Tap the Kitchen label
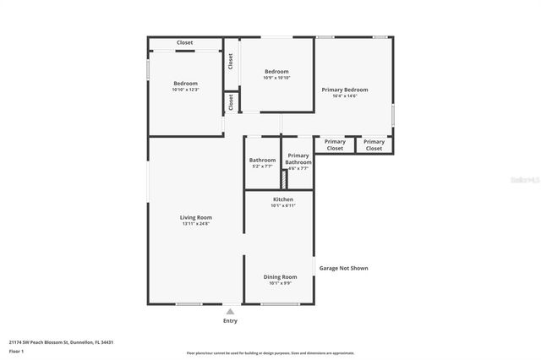click(x=282, y=199)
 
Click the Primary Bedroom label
click(x=344, y=89)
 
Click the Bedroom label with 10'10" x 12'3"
click(x=185, y=84)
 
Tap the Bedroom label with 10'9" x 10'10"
click(x=276, y=72)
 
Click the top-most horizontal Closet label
click(x=184, y=42)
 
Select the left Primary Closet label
click(x=335, y=145)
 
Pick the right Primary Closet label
click(x=374, y=145)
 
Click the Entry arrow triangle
click(x=230, y=311)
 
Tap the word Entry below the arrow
click(x=230, y=320)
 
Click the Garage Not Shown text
click(x=343, y=268)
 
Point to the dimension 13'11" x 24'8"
click(x=195, y=223)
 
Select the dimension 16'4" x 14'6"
click(x=344, y=95)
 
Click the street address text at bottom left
click(x=61, y=342)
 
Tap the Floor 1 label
click(x=17, y=351)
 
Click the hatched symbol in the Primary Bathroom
click(x=284, y=180)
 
